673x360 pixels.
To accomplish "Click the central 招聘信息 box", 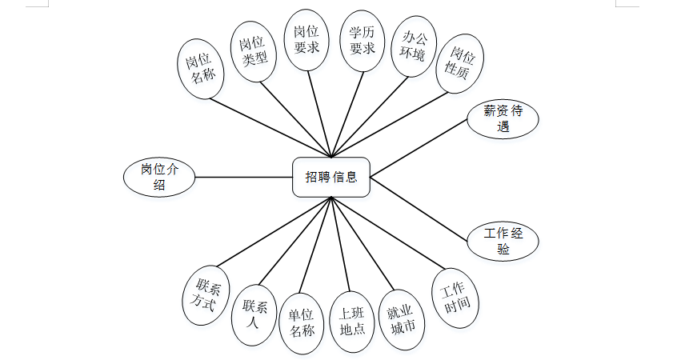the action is pos(331,177).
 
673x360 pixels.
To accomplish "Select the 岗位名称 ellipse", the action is pos(200,69).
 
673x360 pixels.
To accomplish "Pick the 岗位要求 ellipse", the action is pos(306,41).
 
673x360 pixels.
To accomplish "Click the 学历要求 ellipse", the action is pos(357,41).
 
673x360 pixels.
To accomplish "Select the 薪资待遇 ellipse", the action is pos(503,119).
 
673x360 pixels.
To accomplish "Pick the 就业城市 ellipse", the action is pos(402,318).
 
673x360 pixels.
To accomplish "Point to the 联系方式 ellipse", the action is pos(206,295).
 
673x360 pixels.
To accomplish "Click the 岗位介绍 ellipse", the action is pos(159,177).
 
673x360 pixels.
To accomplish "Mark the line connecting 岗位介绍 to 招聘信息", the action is pos(244,177).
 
